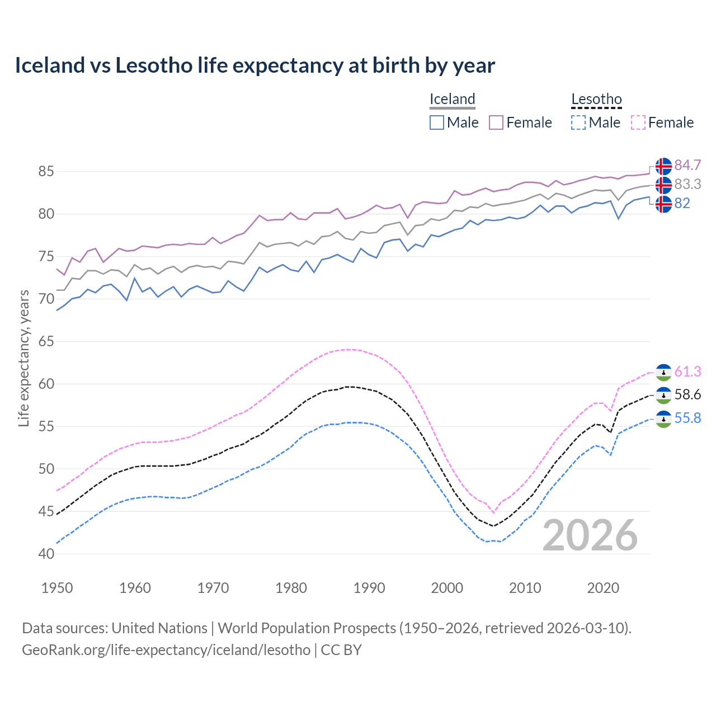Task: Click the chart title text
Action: [255, 65]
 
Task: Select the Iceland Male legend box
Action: [437, 123]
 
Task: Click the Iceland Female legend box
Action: [496, 123]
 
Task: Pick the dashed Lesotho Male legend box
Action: [578, 123]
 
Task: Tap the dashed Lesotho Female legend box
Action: [638, 123]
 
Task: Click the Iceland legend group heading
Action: [452, 100]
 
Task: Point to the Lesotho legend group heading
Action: [596, 100]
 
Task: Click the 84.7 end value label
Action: [687, 166]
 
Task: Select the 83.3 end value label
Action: [687, 185]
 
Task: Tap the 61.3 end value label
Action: [687, 372]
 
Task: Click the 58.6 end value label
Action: [687, 395]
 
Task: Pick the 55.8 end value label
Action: [687, 418]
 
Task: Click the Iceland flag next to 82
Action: [663, 204]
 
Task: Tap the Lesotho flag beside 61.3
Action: [663, 373]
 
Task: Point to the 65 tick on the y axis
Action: [46, 341]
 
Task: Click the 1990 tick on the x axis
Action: [369, 588]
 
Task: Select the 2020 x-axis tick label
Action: [603, 588]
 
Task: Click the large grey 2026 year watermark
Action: [590, 535]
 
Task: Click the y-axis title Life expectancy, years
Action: [24, 358]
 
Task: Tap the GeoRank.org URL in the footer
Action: [166, 650]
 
